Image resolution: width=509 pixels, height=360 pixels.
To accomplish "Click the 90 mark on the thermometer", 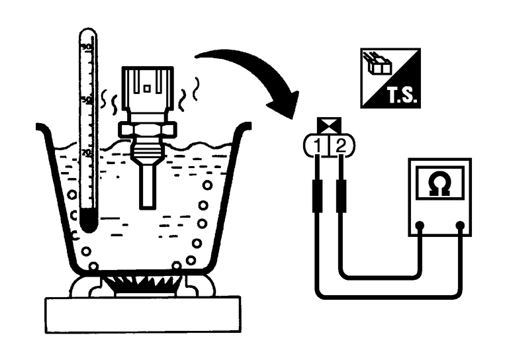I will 85,47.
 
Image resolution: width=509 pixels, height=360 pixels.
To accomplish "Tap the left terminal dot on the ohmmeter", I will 420,226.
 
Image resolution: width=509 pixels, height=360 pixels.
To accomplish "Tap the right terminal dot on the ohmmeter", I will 459,226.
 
